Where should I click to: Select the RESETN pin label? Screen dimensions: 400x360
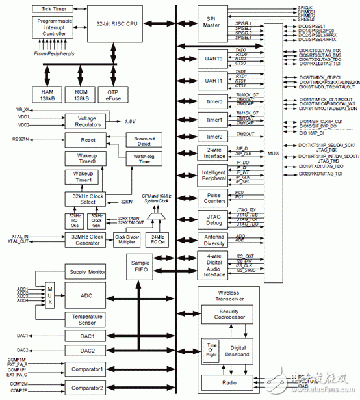click(x=21, y=139)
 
